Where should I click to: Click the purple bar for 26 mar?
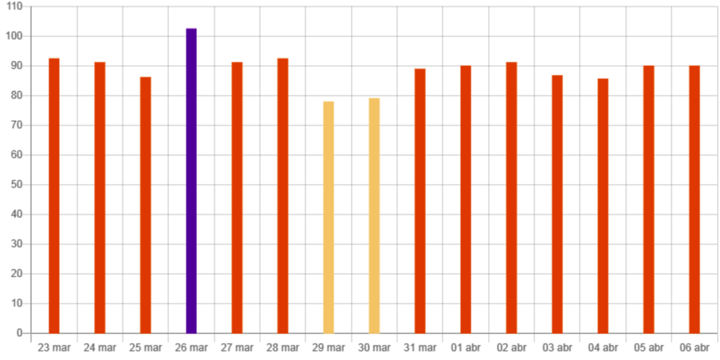pos(191,180)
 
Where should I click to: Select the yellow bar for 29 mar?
pos(328,217)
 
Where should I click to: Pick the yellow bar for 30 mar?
pos(374,215)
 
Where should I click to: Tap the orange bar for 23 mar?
pos(54,195)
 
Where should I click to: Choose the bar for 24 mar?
pos(100,197)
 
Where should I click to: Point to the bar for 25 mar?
pos(146,204)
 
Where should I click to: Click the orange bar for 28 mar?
pos(283,195)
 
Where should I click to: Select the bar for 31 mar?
pos(420,200)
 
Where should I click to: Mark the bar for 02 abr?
pos(511,197)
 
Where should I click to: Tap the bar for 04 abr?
pos(603,205)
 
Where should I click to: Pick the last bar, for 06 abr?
pos(694,199)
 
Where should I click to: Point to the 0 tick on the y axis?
pos(20,333)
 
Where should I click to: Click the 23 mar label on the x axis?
pos(54,347)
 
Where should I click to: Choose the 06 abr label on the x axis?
pos(694,347)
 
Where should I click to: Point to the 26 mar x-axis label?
pos(191,347)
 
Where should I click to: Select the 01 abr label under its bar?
pos(465,347)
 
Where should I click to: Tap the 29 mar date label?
pos(328,347)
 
